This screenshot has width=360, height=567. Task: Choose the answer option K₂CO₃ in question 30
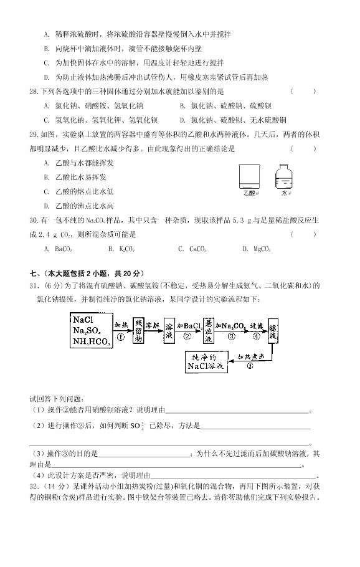click(x=121, y=249)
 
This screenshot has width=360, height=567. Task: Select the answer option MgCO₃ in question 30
click(x=255, y=249)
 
